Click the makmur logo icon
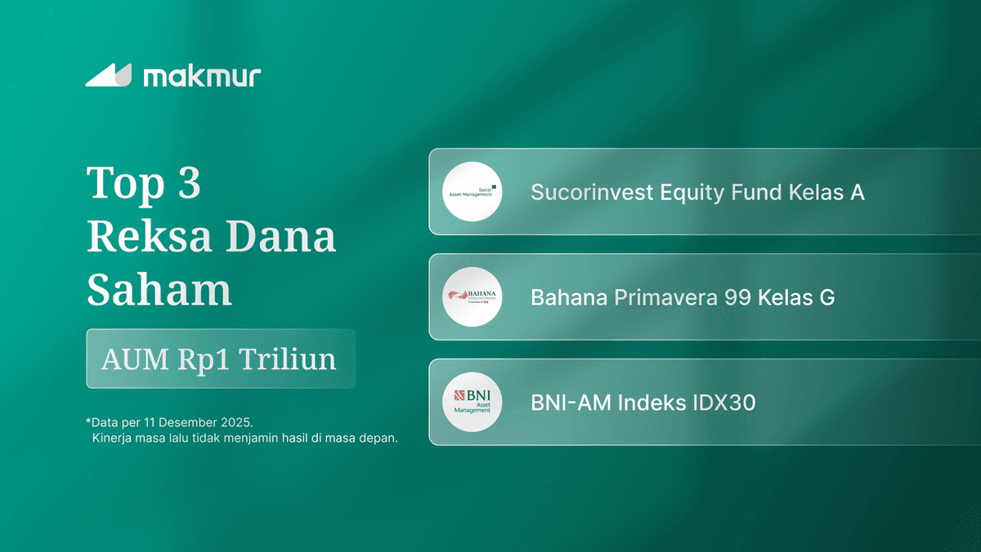[108, 75]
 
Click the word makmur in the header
[202, 77]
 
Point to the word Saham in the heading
[159, 290]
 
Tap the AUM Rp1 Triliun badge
[221, 359]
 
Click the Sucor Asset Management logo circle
[473, 192]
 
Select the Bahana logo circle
[473, 297]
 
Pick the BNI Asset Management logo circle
[473, 403]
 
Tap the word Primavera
[664, 297]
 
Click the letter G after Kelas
[826, 297]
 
